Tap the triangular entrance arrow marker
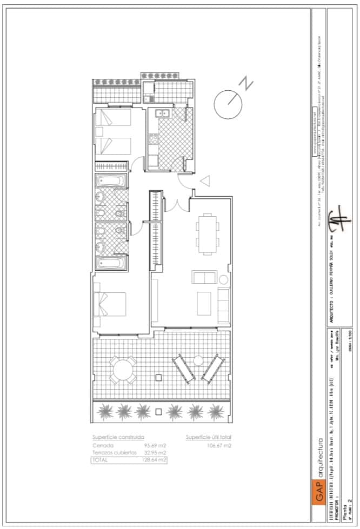[x=205, y=180]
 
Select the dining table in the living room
[x=206, y=234]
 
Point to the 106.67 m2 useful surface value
[x=219, y=446]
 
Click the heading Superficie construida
[x=118, y=437]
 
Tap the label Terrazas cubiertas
[x=114, y=453]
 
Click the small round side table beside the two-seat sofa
[x=224, y=280]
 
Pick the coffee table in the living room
[x=204, y=304]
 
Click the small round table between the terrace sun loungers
[x=198, y=360]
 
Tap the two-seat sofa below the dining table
[x=204, y=278]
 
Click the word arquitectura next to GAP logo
[x=320, y=457]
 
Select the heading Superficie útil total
[x=208, y=437]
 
